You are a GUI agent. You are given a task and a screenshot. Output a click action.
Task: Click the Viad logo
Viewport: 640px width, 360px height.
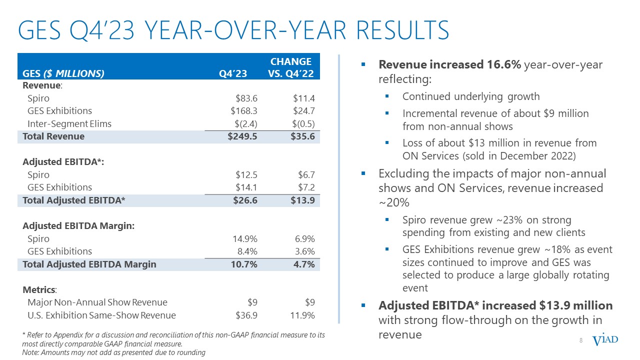pyautogui.click(x=605, y=340)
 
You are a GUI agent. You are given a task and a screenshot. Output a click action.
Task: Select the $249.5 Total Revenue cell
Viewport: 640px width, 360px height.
pyautogui.click(x=243, y=136)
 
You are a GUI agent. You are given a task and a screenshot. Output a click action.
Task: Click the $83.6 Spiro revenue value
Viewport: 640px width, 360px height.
pyautogui.click(x=246, y=98)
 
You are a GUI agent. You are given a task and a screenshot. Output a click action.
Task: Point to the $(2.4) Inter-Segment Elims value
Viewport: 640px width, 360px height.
pyautogui.click(x=244, y=123)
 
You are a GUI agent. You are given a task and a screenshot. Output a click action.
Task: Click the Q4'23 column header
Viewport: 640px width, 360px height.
pyautogui.click(x=233, y=74)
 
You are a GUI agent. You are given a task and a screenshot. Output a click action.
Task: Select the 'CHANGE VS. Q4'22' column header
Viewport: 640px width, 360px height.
pyautogui.click(x=291, y=67)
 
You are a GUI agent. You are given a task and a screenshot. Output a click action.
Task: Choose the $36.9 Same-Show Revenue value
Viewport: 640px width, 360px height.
pyautogui.click(x=246, y=315)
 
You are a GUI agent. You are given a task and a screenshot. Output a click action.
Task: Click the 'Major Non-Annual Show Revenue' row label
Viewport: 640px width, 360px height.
pyautogui.click(x=97, y=302)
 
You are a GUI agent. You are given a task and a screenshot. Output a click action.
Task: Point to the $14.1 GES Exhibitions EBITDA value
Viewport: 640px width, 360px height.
pyautogui.click(x=246, y=187)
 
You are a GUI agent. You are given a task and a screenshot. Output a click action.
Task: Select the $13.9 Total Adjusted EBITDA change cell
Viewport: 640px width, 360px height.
pyautogui.click(x=302, y=200)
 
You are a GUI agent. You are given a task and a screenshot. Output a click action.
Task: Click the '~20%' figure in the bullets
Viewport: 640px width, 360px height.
pyautogui.click(x=393, y=202)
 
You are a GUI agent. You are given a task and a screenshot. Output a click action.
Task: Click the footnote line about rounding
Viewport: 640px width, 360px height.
pyautogui.click(x=114, y=352)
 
